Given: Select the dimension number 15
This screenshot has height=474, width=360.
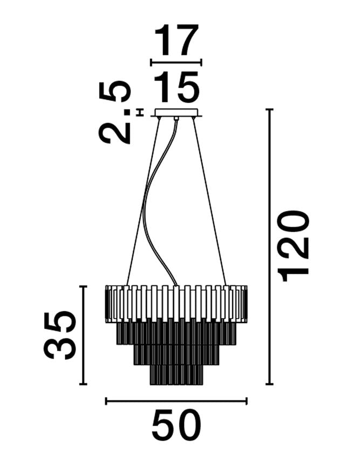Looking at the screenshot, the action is coord(176,86).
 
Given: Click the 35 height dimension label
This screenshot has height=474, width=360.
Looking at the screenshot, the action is coord(59,335).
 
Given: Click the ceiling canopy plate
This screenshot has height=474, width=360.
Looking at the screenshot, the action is coord(176,113).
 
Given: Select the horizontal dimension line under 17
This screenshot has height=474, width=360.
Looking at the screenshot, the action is coord(176,63).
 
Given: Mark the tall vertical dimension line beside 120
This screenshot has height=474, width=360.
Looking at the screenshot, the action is coord(269,246).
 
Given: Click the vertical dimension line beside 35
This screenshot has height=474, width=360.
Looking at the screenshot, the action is coord(83,335).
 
